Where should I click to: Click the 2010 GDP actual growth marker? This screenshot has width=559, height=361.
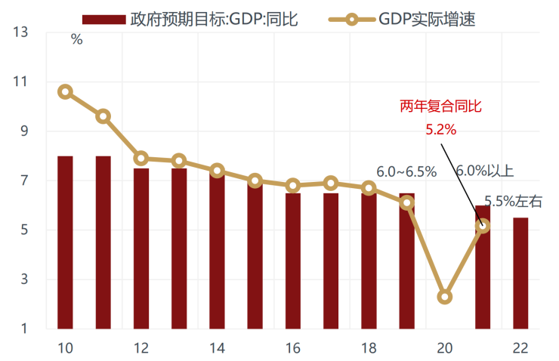[65, 92]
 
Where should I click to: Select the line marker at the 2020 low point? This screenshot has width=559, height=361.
[444, 297]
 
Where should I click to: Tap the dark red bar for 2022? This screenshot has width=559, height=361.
[520, 273]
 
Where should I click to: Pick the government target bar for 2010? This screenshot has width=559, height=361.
[65, 242]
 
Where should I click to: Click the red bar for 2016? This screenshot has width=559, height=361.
[292, 261]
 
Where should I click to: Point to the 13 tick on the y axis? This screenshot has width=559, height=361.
[20, 32]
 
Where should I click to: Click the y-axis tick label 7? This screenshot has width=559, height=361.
[24, 181]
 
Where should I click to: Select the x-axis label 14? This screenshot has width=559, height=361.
[217, 348]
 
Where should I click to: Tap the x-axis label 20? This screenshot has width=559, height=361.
[444, 348]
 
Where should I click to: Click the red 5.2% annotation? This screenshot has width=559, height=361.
[440, 130]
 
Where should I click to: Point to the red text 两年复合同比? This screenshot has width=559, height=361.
[440, 107]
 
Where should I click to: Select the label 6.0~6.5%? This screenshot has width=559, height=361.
[406, 171]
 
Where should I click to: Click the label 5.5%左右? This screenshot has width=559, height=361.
[514, 201]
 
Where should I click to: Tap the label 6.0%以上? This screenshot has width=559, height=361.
[484, 171]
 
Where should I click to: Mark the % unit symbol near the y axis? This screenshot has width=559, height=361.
[76, 40]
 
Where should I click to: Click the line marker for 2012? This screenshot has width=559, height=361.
[141, 159]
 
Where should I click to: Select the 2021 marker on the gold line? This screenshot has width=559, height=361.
[482, 225]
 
